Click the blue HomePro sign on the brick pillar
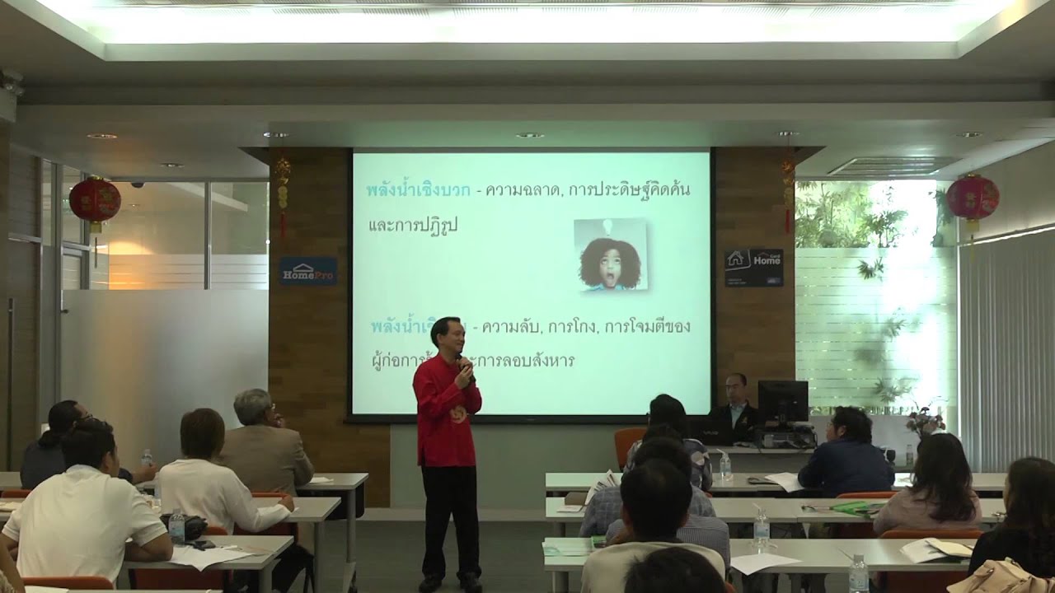click(x=307, y=271)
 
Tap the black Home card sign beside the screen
click(x=753, y=268)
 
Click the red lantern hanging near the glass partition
click(x=95, y=201)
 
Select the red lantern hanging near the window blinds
click(x=973, y=198)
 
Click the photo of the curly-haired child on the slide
click(x=610, y=254)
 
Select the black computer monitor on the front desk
click(x=782, y=401)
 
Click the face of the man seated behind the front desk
click(x=736, y=386)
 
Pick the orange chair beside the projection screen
click(x=628, y=445)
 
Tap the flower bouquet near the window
click(x=925, y=420)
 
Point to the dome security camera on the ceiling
click(x=137, y=184)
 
